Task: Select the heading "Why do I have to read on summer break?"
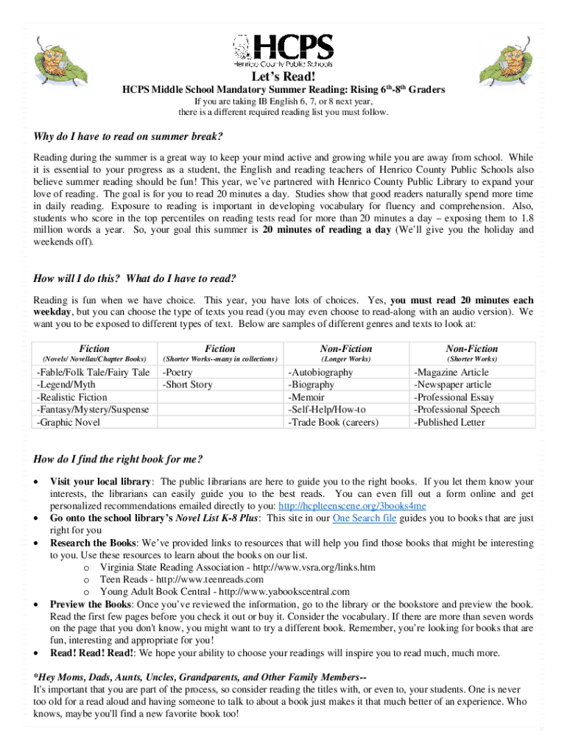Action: tap(128, 137)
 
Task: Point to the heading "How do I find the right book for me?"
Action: tap(118, 459)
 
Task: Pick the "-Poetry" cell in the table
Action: tap(178, 373)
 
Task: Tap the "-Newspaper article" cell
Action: tap(453, 385)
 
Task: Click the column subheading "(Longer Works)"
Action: tap(345, 359)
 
